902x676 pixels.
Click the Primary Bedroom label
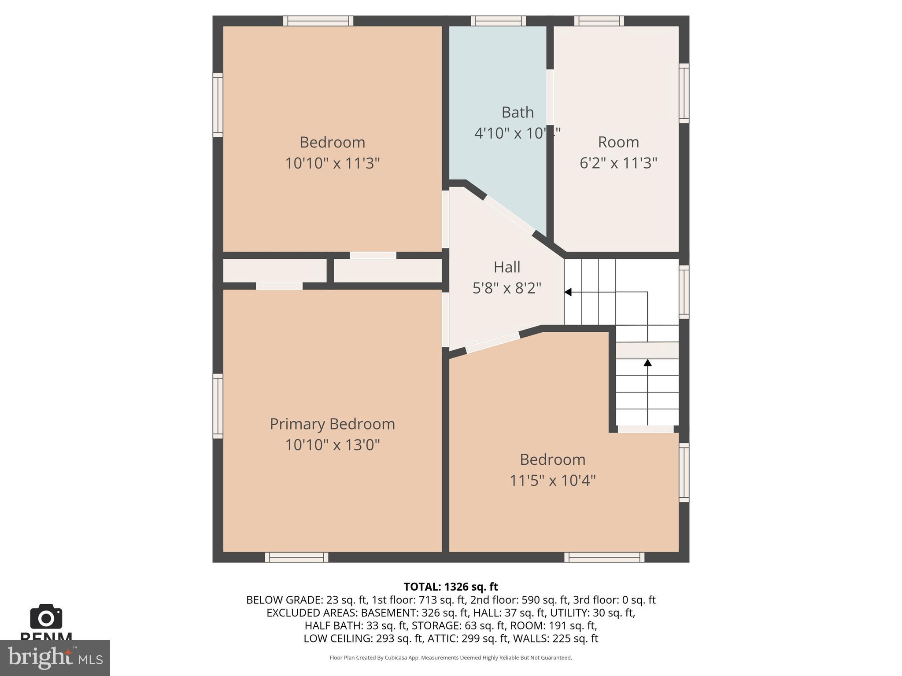(x=332, y=424)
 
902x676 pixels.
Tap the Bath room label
(x=518, y=113)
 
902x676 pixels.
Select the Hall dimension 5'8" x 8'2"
(x=506, y=288)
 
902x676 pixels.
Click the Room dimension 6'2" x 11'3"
(x=618, y=163)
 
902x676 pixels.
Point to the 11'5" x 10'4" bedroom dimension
(x=552, y=480)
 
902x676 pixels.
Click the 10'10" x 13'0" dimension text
(x=332, y=445)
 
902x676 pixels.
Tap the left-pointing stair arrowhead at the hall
(x=568, y=292)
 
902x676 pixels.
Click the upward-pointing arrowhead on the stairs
(x=647, y=363)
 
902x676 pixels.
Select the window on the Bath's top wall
(x=498, y=21)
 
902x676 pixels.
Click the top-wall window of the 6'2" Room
(x=599, y=21)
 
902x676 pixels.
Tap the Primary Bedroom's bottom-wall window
(x=296, y=557)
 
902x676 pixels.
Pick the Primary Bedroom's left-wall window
(x=218, y=406)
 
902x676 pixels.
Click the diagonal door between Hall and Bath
(x=509, y=214)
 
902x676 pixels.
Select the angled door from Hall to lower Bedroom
(x=492, y=343)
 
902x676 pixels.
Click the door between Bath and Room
(x=550, y=97)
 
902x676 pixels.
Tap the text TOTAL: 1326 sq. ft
(x=451, y=587)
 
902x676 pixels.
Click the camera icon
(x=46, y=617)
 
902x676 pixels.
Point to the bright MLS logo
(x=55, y=658)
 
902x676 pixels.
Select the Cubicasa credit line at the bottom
(x=451, y=658)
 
